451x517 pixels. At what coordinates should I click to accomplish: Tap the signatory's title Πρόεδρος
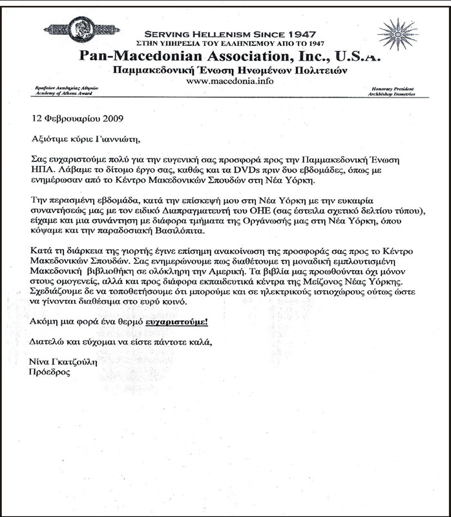50,373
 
